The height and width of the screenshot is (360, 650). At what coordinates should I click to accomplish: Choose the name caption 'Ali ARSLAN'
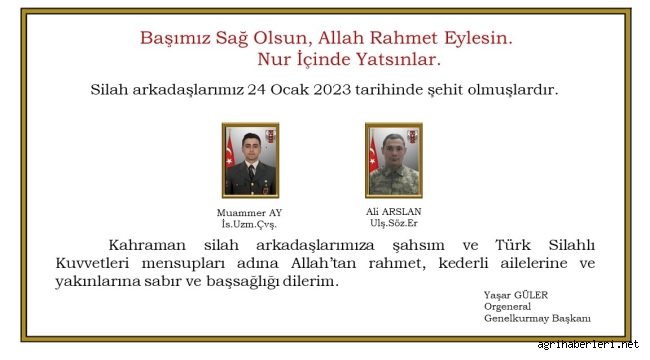pyautogui.click(x=394, y=212)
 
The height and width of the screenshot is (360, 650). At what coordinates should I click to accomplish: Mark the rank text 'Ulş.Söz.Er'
pyautogui.click(x=394, y=224)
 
